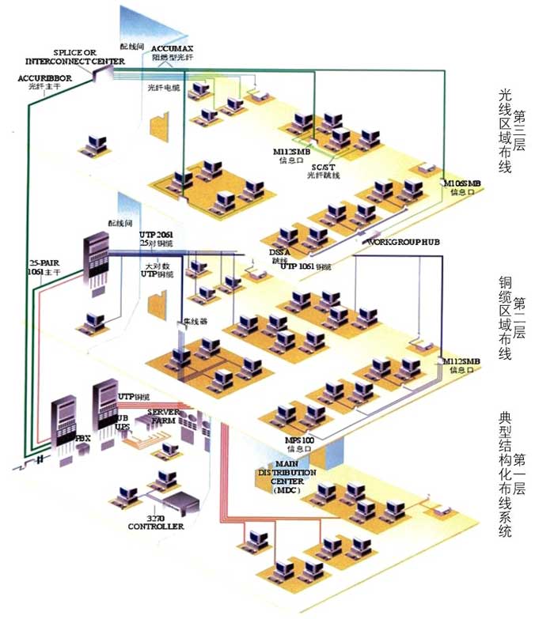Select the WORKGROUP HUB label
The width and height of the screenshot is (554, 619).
[403, 241]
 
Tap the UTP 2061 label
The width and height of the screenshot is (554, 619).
[157, 236]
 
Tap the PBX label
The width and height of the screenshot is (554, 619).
[82, 437]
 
